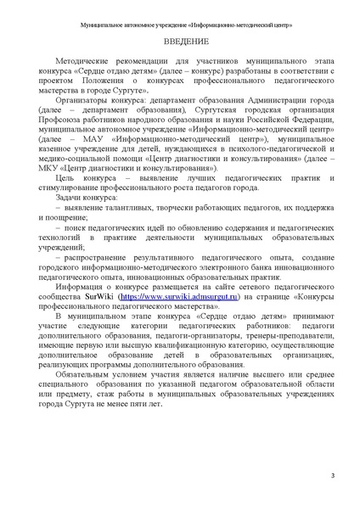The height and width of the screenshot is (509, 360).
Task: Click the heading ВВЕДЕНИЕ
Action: (x=179, y=42)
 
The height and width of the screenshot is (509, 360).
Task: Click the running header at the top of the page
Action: (x=179, y=14)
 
